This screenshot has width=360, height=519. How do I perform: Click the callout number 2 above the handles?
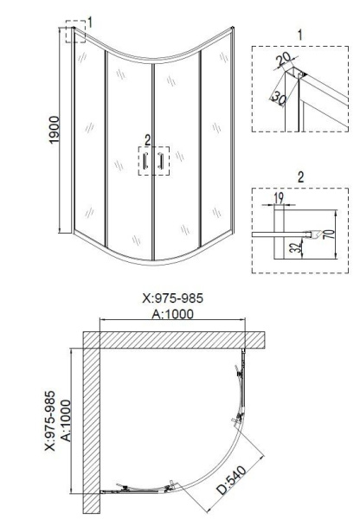(x=147, y=139)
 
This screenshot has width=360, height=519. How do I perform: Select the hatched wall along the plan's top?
(x=173, y=338)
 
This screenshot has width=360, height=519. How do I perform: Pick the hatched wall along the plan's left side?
(x=93, y=424)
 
